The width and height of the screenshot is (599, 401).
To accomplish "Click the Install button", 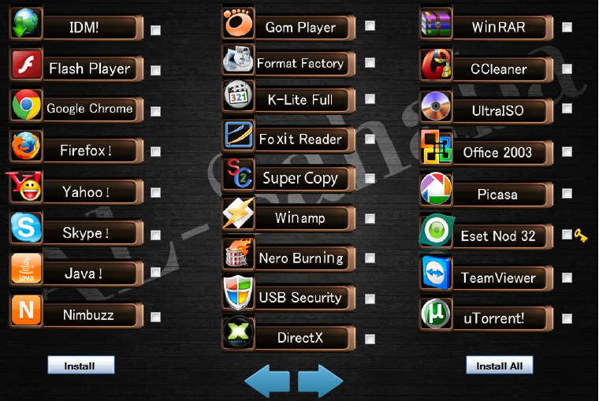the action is [80, 366].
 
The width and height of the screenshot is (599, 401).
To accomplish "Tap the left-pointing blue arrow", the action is [268, 381].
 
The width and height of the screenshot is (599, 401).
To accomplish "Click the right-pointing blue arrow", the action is [320, 381].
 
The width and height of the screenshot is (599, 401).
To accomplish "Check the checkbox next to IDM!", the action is [156, 30].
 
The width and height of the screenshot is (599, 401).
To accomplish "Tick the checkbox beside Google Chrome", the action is [156, 110].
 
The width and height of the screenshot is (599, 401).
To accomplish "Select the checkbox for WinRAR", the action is [567, 28].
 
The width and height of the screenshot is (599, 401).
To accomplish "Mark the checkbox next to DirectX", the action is [370, 340].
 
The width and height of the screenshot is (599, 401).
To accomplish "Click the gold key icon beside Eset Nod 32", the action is [581, 235].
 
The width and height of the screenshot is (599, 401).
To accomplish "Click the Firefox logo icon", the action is [26, 147].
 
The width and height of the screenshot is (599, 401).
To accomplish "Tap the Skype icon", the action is [26, 229].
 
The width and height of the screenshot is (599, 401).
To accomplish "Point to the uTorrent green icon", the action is [436, 314].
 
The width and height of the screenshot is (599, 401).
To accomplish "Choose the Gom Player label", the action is [300, 28].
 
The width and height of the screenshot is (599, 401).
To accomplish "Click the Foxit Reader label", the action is [300, 139].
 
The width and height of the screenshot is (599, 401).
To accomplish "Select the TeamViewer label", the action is [498, 278].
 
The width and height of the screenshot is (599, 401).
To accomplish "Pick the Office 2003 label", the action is [497, 153].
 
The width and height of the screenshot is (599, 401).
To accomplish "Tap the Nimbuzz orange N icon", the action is [26, 310].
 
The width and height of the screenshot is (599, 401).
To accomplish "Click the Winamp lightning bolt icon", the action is [238, 214].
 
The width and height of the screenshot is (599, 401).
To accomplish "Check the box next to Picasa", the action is [567, 193].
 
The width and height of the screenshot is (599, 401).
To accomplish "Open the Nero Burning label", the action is [300, 258].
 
